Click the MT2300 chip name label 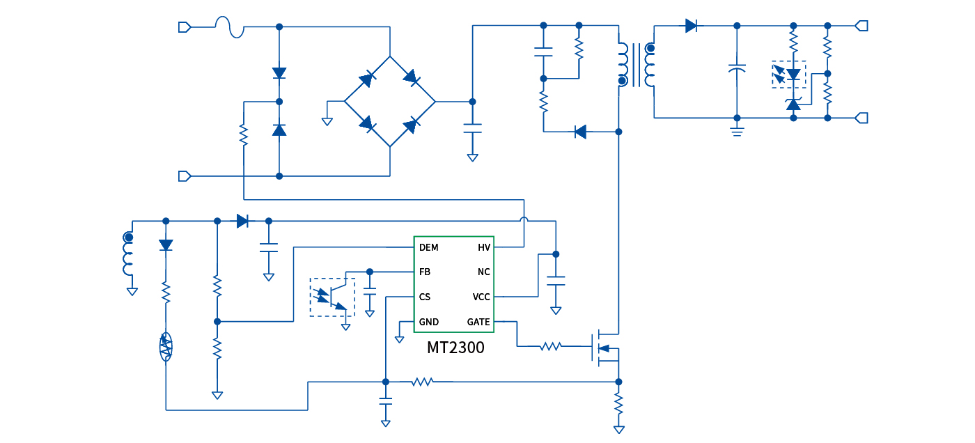(455, 347)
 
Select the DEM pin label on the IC (429, 247)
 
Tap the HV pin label (483, 247)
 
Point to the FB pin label (425, 272)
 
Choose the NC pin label (483, 272)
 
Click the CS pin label (425, 297)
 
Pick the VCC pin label (481, 297)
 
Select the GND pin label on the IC (429, 322)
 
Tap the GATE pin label (478, 322)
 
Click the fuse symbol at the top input (229, 27)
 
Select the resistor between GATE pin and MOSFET (550, 346)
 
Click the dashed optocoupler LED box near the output (788, 74)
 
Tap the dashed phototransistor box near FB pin (332, 297)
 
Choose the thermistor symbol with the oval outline (166, 346)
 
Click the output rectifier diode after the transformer (692, 26)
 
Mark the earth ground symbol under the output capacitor (738, 131)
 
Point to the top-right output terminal (861, 26)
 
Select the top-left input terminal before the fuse (185, 27)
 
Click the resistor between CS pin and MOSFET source (422, 382)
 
